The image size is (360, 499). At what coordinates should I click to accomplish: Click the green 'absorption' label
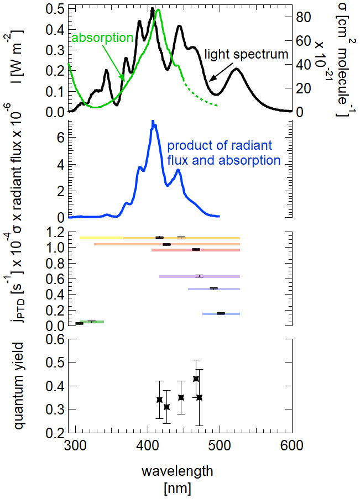point(103,38)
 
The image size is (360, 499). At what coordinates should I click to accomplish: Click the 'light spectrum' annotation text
point(247,54)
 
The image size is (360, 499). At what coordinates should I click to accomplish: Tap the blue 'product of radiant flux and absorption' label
point(223,153)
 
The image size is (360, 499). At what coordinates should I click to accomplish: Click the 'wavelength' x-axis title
point(177,471)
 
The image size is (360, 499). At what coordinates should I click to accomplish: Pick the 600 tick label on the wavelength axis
point(292,444)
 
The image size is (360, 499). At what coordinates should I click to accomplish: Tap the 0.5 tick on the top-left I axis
point(53,10)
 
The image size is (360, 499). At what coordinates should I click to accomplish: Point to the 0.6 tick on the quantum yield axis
point(54,339)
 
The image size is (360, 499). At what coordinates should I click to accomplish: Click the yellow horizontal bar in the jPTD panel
point(101,238)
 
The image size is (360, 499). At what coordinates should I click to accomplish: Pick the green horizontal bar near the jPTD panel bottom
point(92,322)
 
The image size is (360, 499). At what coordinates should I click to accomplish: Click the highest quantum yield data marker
point(196,379)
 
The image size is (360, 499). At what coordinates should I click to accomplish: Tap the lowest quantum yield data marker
point(167,407)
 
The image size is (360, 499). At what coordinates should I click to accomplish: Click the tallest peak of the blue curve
point(153,122)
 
